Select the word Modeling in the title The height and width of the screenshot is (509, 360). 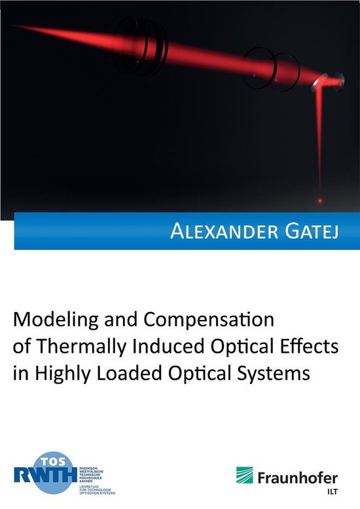pos(58,322)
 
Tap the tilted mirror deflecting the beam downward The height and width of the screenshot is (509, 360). pos(319,83)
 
